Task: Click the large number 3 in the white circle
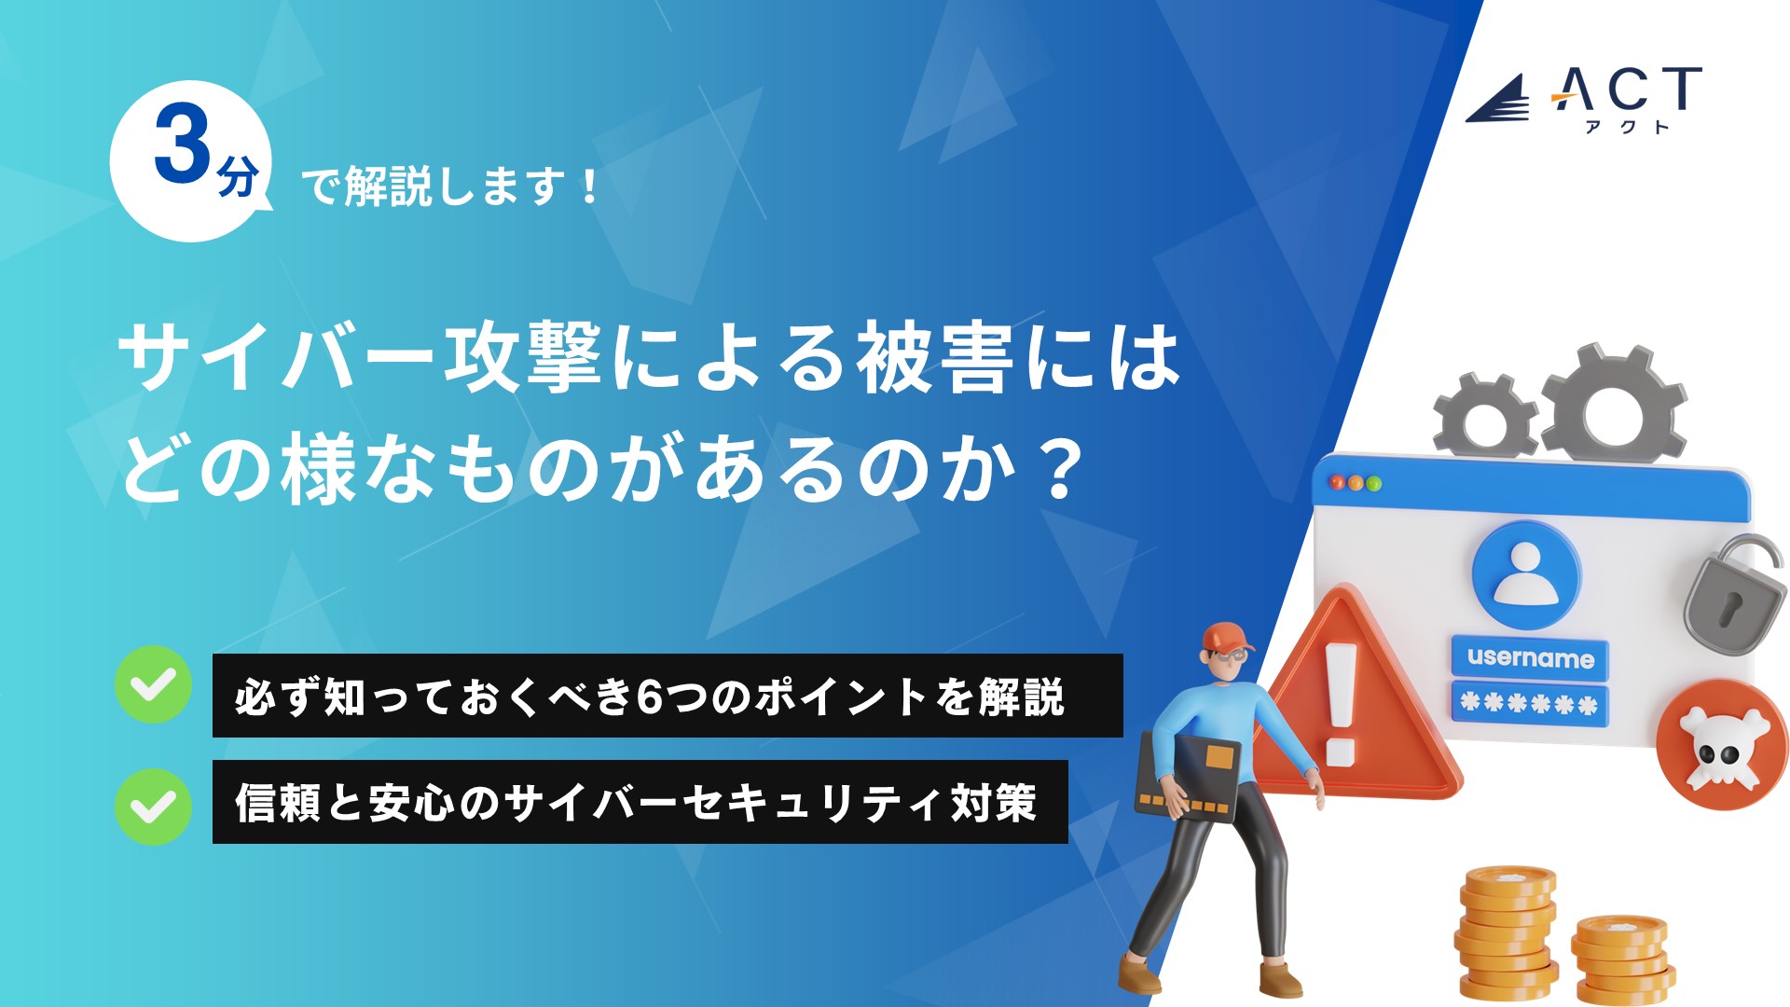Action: tap(183, 144)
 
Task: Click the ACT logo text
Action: tap(1626, 90)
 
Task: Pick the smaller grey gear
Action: tap(1484, 417)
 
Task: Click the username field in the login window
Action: tap(1530, 657)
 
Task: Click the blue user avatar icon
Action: tap(1526, 574)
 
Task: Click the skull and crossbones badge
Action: tap(1722, 744)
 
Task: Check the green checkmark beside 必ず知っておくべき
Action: tap(153, 684)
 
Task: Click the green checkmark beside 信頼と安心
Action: tap(153, 807)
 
